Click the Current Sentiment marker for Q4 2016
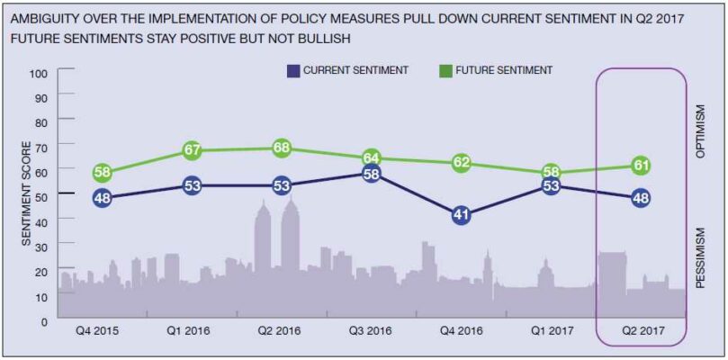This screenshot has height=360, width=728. (460, 214)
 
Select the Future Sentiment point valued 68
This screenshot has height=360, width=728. (281, 148)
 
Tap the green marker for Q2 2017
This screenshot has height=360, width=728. (640, 165)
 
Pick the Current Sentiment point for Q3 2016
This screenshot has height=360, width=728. (371, 173)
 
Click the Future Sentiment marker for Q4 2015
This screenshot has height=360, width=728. (102, 173)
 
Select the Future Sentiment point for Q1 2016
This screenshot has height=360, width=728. (191, 150)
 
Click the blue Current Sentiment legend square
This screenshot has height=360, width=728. (293, 70)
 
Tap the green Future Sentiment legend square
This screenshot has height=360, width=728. (445, 70)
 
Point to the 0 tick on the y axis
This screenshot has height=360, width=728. (42, 319)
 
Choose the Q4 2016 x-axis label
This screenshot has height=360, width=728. (460, 330)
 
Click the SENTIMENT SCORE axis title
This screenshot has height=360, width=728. (26, 193)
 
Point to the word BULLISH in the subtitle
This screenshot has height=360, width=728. (323, 40)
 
